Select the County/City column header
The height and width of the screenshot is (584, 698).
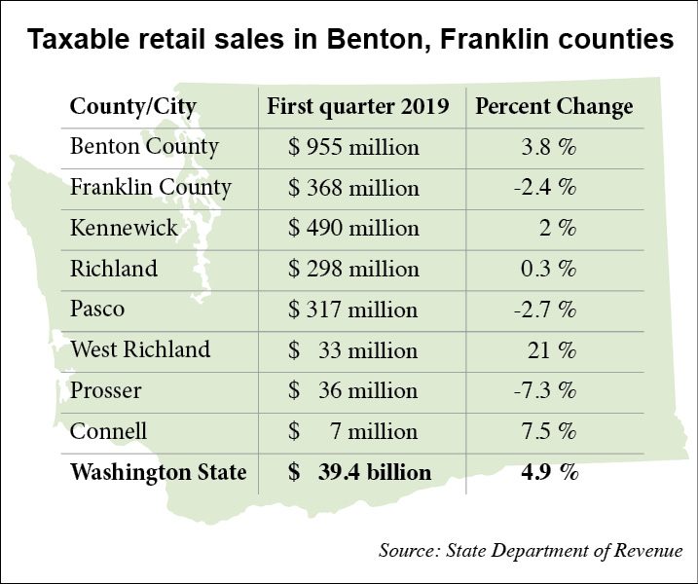click(132, 106)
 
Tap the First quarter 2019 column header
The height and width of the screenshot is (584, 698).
click(357, 106)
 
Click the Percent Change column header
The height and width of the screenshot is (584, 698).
click(554, 106)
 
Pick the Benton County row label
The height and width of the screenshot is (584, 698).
click(144, 147)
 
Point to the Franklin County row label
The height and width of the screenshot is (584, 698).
click(150, 187)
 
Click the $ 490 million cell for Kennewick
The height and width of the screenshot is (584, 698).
click(353, 228)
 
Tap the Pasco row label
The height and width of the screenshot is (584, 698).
click(96, 310)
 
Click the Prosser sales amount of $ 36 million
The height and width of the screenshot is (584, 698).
click(353, 391)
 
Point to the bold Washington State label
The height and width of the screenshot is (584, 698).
click(158, 473)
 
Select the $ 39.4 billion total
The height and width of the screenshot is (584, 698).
click(359, 473)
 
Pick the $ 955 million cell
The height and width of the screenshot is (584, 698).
click(353, 147)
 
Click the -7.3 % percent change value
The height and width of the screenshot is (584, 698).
click(546, 391)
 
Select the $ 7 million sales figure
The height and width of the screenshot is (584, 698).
click(353, 431)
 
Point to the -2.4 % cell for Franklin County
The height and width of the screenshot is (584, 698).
click(546, 187)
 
